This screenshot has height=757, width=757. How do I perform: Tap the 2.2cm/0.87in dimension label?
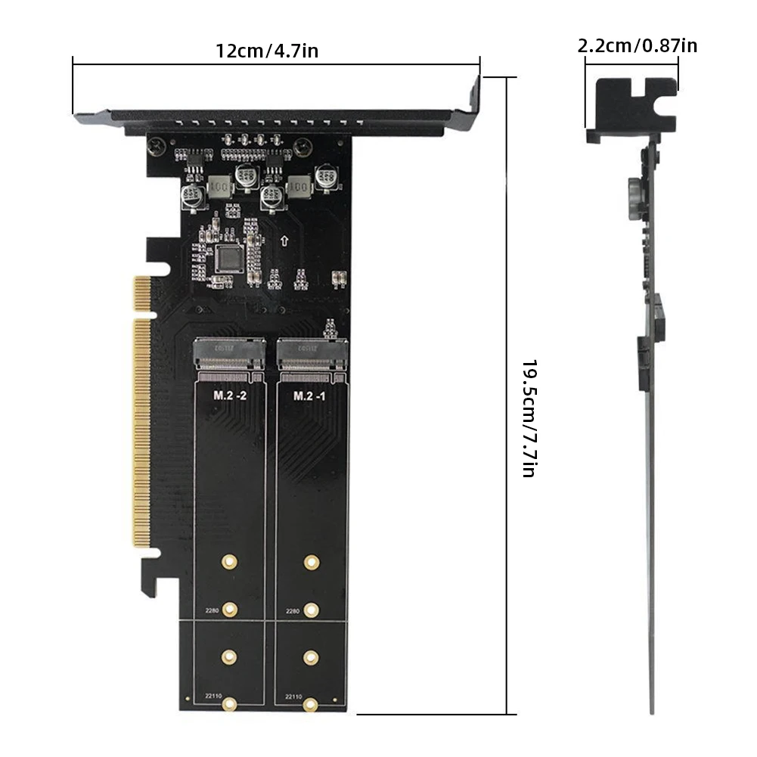638,45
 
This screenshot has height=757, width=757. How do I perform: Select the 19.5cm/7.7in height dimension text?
529,417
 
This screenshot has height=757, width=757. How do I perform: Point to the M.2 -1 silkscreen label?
309,396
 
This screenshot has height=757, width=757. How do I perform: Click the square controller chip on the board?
229,258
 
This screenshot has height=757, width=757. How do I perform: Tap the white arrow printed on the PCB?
284,242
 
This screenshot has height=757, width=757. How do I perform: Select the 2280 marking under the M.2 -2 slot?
212,610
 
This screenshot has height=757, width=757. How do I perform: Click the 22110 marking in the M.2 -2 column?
213,697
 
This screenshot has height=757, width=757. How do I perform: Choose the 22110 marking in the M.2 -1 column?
293,697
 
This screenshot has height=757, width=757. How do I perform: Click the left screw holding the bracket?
157,144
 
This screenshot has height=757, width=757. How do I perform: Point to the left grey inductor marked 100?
219,186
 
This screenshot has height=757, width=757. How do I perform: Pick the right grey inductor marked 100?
300,186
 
